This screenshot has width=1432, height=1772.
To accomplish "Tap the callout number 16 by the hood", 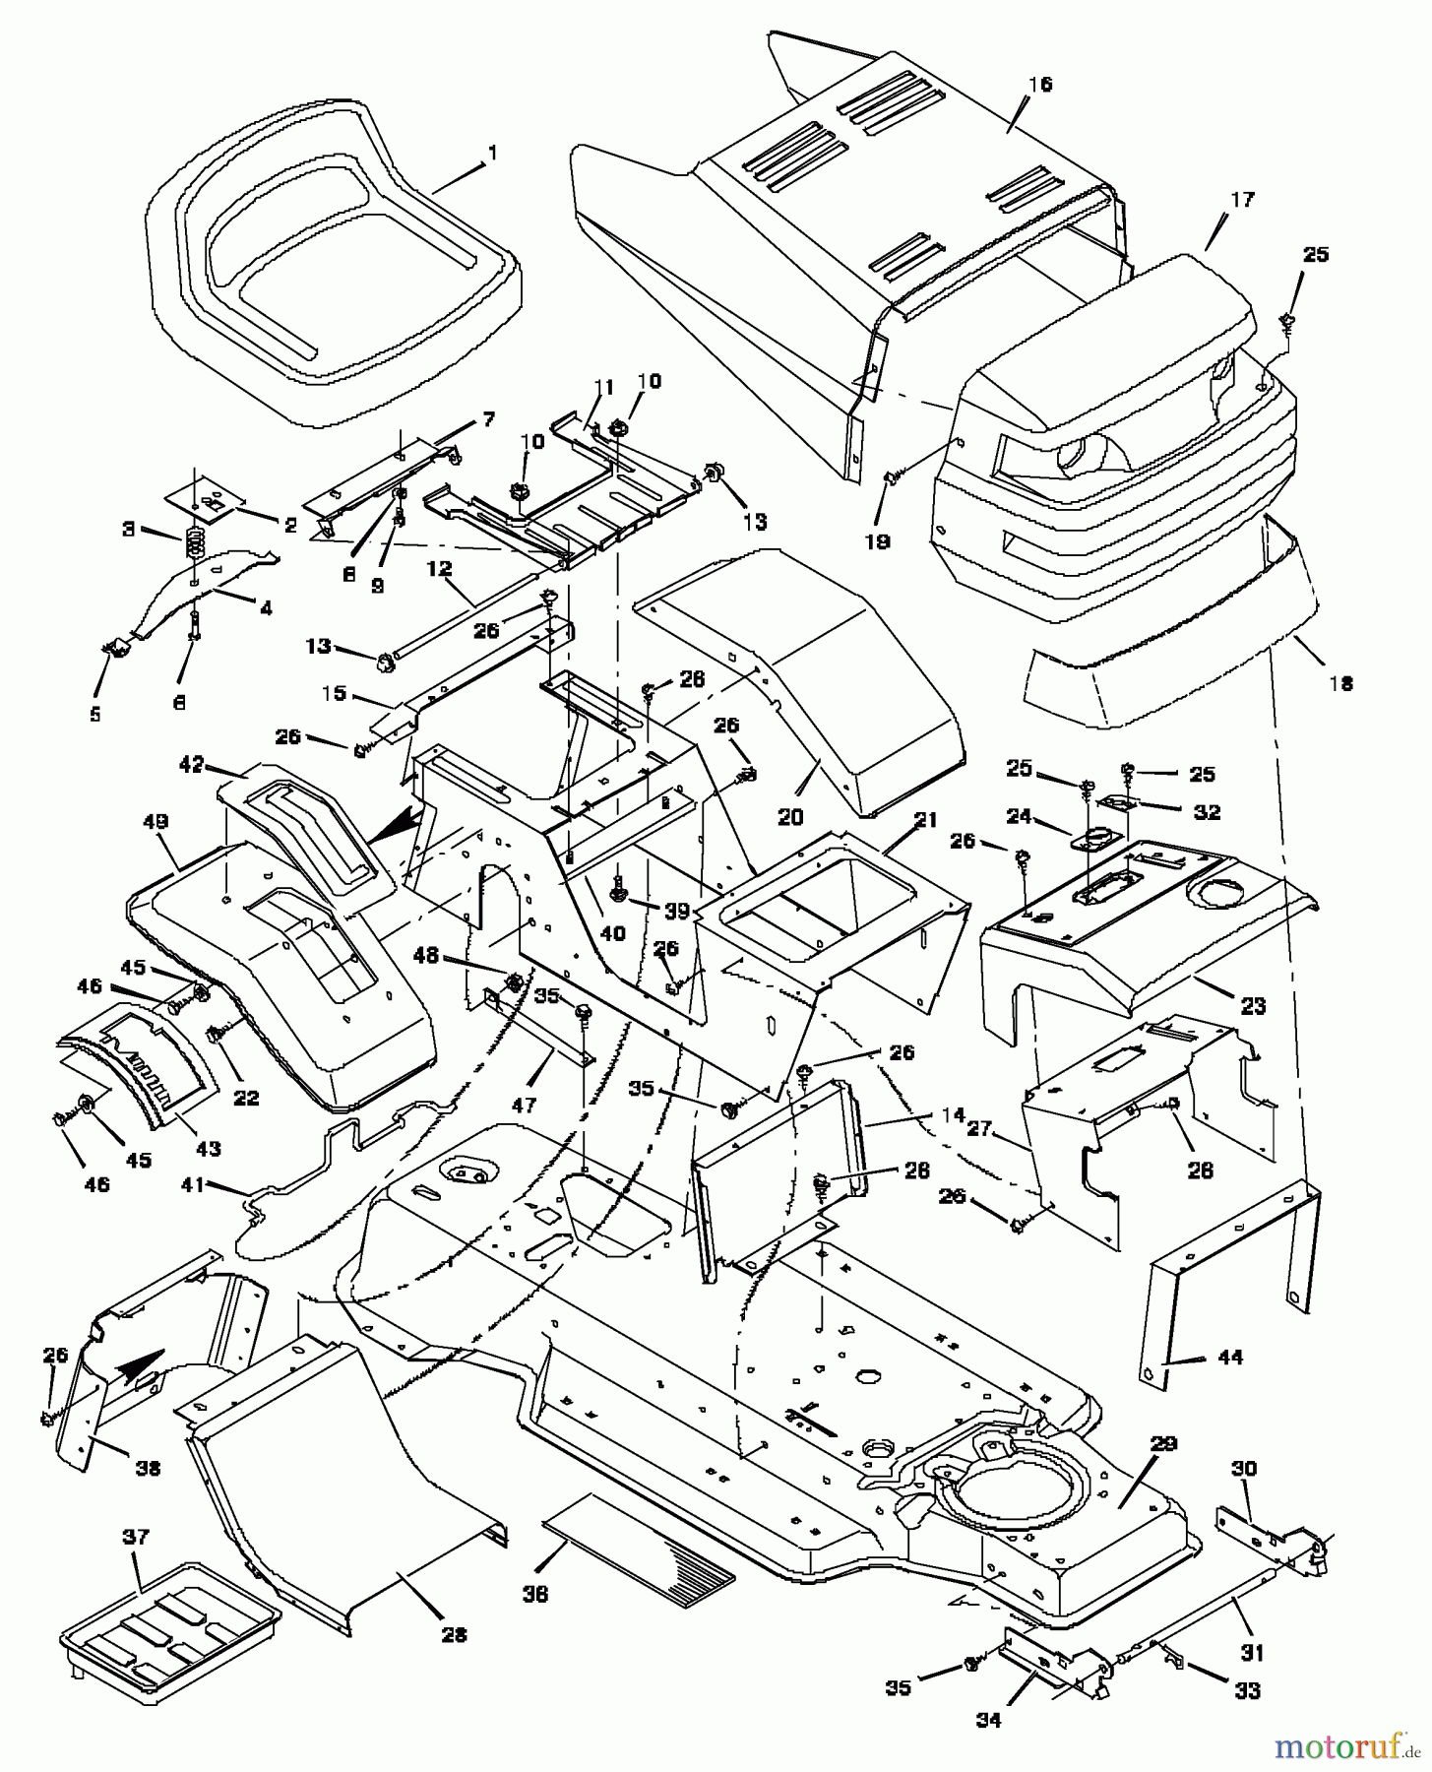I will (1040, 85).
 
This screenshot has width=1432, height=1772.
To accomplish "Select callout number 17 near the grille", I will (1242, 200).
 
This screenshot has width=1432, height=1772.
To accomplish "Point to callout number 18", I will (1340, 683).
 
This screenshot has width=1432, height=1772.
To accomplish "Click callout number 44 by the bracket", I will (1229, 1358).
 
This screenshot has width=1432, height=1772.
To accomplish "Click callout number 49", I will (156, 820).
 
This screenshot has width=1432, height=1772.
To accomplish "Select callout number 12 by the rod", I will (439, 568).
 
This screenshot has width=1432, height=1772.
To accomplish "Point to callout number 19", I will (877, 540).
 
